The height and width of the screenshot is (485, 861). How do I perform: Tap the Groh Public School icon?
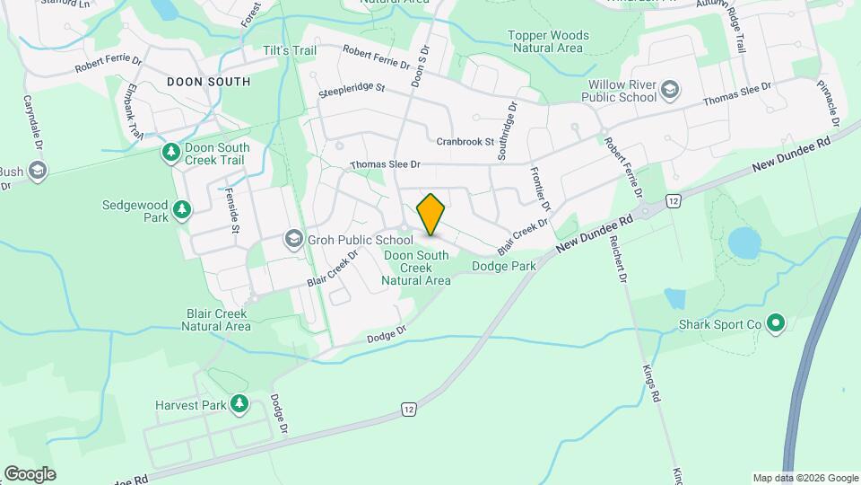coord(293,239)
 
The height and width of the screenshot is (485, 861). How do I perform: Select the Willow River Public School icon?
coord(670,90)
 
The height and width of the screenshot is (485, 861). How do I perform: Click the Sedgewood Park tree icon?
coord(183,209)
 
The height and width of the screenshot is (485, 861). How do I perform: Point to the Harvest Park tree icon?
coord(239,405)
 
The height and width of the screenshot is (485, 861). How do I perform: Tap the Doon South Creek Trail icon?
coord(170,153)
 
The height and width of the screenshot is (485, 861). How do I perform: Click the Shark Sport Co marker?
coord(777,322)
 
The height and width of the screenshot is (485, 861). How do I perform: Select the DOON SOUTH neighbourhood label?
coord(208,82)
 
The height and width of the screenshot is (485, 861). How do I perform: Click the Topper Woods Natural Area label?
coord(548,41)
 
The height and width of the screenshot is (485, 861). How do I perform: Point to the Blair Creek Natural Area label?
coord(216,320)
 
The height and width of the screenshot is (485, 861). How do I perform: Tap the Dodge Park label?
coord(503,266)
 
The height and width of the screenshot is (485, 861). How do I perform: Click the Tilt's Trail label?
coord(288,51)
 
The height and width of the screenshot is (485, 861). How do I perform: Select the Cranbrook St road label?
coord(465,142)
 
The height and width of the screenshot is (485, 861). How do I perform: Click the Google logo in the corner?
coord(30,474)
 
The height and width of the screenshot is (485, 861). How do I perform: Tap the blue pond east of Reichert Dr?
coord(744,242)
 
